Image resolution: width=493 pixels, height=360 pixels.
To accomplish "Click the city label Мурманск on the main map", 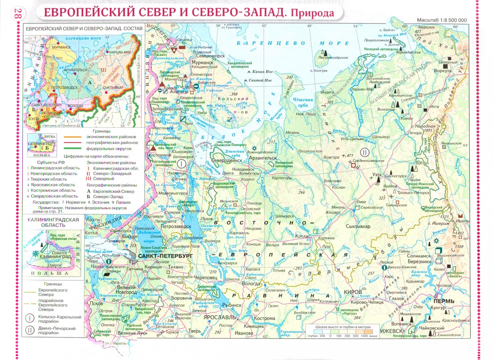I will click(203, 62).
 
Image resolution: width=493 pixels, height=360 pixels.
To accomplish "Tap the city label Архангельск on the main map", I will click(263, 158).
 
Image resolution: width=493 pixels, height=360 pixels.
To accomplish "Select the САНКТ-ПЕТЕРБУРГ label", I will click(165, 256).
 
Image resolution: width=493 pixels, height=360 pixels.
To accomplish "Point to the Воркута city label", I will click(443, 71).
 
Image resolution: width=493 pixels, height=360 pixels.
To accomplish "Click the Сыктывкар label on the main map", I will click(358, 226).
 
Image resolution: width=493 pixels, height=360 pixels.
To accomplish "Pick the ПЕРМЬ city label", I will click(444, 301).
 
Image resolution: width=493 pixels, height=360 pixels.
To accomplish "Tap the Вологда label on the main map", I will click(251, 284).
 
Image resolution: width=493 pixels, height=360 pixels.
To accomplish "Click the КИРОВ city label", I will click(352, 292).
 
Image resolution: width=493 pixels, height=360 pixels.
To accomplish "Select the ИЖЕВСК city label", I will click(392, 331).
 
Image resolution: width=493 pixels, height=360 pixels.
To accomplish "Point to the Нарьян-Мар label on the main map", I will click(363, 89).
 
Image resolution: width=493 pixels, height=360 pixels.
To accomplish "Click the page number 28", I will click(18, 14).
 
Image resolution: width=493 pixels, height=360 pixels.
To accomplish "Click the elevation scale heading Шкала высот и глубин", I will click(343, 327).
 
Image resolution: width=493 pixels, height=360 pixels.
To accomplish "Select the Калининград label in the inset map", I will click(55, 257).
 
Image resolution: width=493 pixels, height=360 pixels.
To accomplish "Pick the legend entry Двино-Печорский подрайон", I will click(57, 330).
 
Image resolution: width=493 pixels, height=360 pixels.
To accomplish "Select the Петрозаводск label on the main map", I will click(176, 226).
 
